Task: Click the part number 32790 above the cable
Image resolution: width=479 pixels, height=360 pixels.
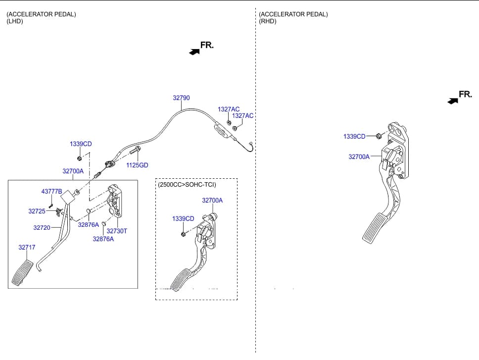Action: pos(181,98)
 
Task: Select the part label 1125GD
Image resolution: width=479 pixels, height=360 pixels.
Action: pos(137,165)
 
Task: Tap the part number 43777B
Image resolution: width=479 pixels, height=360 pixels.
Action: pos(51,192)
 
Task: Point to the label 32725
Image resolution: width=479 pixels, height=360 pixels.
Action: pos(37,211)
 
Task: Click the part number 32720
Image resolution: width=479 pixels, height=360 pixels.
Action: pos(42,228)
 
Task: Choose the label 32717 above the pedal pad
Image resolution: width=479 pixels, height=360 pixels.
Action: pos(27,248)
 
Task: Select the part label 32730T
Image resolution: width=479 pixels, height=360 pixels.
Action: pos(117,231)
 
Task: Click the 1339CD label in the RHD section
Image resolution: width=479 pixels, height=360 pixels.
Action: pos(354,137)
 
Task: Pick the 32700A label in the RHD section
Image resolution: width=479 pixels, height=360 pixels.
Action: pos(359,157)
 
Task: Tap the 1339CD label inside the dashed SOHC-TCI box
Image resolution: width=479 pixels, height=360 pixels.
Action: pos(183,219)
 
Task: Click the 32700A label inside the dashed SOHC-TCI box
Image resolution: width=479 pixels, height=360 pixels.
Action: pos(212,201)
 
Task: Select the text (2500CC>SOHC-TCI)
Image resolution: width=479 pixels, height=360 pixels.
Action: pos(187,185)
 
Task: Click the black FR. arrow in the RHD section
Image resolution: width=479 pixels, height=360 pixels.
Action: pos(453,101)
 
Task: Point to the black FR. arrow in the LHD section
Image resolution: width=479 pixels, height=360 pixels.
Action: pos(194,52)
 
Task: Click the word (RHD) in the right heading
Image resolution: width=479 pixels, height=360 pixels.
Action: pos(268,21)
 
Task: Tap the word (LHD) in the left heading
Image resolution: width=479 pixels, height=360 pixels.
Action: pos(15,21)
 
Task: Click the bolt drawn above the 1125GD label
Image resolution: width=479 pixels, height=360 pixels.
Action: pos(135,151)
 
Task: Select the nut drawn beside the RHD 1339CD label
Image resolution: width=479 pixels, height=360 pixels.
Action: pos(378,136)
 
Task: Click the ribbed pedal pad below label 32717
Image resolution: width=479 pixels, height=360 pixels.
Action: pos(23,273)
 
